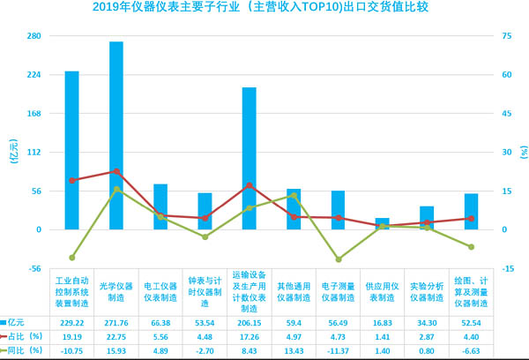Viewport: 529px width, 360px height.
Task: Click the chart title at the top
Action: (265, 10)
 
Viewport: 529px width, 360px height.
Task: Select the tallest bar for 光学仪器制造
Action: (116, 135)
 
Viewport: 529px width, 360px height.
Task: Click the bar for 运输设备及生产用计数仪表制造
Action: (250, 158)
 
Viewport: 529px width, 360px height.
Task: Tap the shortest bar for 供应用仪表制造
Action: (382, 223)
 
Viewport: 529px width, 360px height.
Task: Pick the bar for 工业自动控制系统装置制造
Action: (71, 150)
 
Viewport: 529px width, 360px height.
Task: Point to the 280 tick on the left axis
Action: (34, 35)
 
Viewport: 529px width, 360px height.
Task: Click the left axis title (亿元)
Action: (11, 152)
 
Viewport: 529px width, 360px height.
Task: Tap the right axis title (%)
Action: (521, 152)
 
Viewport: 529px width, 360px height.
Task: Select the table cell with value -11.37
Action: (338, 350)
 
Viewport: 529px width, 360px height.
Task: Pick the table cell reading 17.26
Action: (250, 336)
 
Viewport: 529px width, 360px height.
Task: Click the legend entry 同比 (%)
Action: (24, 350)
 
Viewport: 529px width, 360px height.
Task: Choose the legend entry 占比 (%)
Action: (24, 336)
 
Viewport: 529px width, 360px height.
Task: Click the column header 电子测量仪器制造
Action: (338, 291)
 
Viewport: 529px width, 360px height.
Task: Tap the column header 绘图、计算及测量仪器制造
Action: (471, 291)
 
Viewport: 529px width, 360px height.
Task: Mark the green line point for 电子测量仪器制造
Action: (338, 259)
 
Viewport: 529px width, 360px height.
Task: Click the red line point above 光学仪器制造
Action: (116, 171)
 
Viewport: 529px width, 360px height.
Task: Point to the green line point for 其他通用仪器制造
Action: (294, 195)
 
